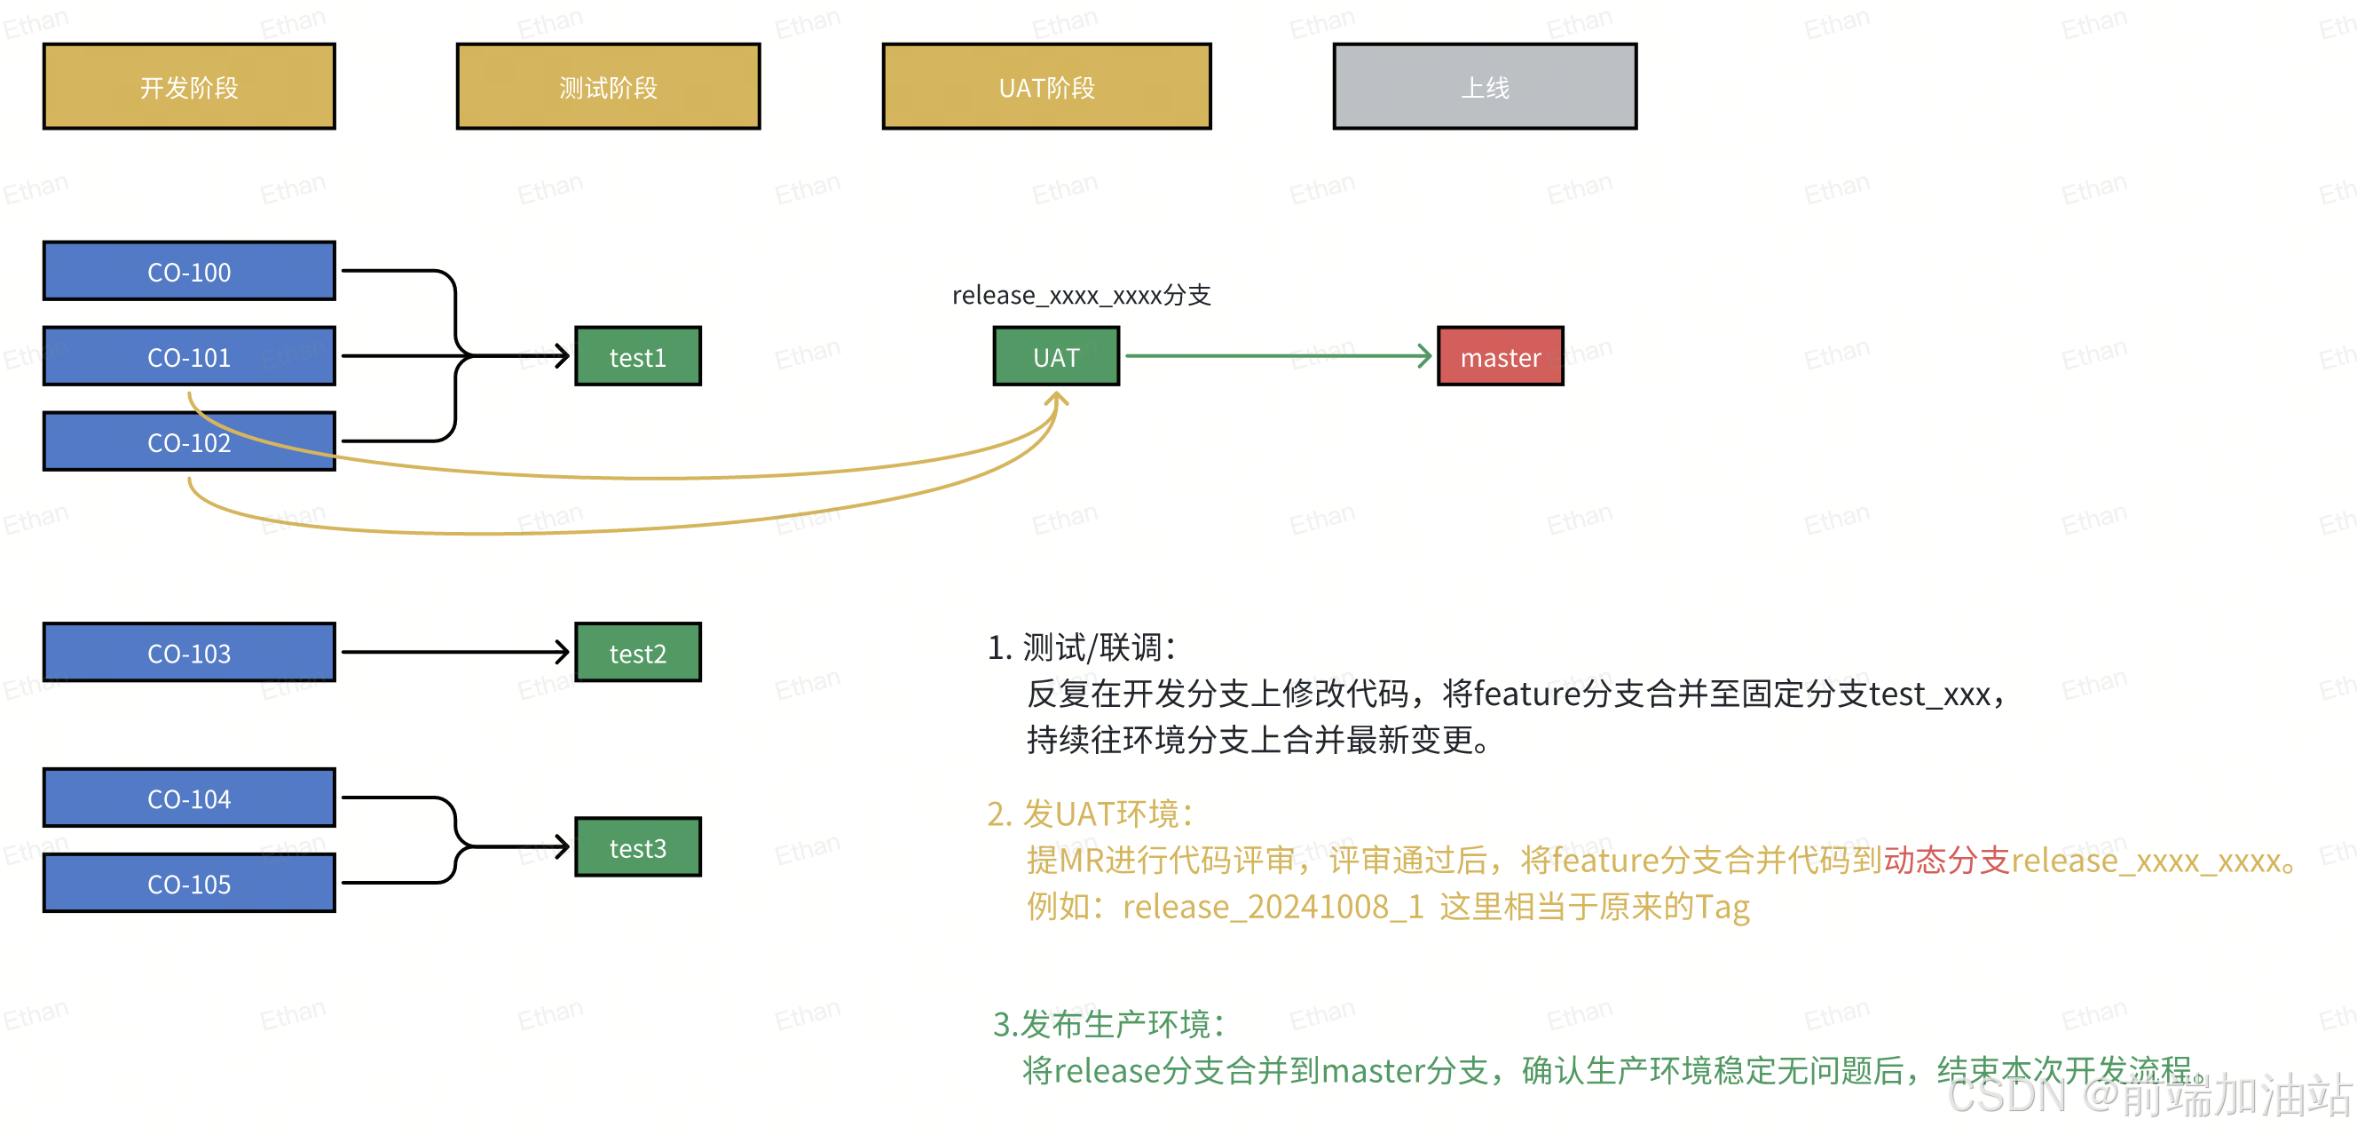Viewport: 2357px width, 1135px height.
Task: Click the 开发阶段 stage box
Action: (x=189, y=87)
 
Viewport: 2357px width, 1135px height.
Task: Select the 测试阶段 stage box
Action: (x=609, y=87)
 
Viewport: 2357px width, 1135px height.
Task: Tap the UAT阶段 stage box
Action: (x=1047, y=87)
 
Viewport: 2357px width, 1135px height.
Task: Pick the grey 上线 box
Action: (x=1485, y=87)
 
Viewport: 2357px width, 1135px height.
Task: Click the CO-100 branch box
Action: (x=189, y=272)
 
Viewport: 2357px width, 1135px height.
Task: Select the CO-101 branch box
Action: (x=189, y=357)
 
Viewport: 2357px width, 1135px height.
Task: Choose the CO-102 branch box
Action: (x=189, y=442)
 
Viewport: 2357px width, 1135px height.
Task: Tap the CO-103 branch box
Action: (x=189, y=653)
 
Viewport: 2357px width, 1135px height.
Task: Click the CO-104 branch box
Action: (x=189, y=798)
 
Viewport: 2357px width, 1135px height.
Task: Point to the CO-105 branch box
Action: (x=189, y=884)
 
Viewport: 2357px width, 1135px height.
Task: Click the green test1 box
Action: (x=638, y=357)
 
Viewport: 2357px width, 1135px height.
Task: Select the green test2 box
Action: (x=638, y=653)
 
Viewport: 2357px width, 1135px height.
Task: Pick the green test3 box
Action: (x=638, y=847)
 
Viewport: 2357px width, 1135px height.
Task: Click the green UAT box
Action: (x=1056, y=357)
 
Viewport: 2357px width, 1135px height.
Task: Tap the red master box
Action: (x=1501, y=357)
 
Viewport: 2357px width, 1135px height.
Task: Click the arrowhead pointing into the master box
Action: (x=1425, y=356)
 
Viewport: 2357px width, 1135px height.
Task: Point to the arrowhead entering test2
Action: (x=563, y=652)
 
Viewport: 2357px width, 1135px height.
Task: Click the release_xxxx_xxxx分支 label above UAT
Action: (x=1082, y=295)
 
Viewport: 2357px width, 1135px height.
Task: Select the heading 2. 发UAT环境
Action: (x=1091, y=814)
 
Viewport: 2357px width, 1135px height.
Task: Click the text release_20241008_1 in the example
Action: (x=1273, y=906)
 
